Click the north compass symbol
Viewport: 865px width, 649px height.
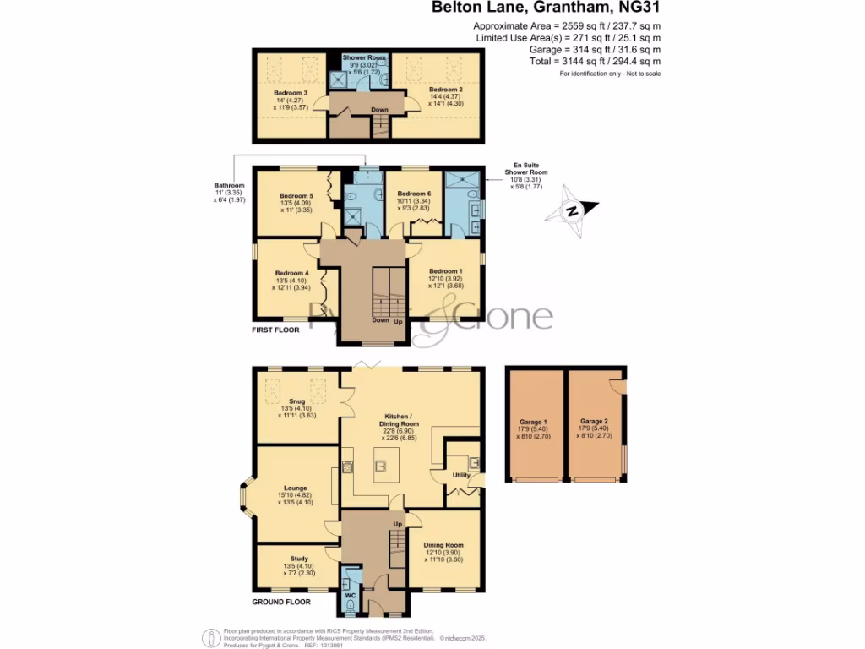click(x=573, y=210)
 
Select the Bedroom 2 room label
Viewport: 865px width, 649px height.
click(x=445, y=89)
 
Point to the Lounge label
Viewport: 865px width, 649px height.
click(x=295, y=488)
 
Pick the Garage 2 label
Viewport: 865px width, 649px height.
click(x=594, y=420)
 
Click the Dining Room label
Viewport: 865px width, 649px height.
click(x=443, y=546)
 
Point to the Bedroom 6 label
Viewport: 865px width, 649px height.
click(x=414, y=194)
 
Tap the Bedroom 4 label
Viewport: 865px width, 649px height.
click(x=291, y=273)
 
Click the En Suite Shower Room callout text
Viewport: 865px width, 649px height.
click(x=524, y=172)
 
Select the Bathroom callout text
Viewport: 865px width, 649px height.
click(x=229, y=185)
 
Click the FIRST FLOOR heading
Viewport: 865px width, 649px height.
click(x=276, y=330)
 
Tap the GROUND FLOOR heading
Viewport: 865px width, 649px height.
click(x=281, y=603)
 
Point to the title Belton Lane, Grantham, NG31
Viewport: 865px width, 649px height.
click(x=547, y=8)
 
